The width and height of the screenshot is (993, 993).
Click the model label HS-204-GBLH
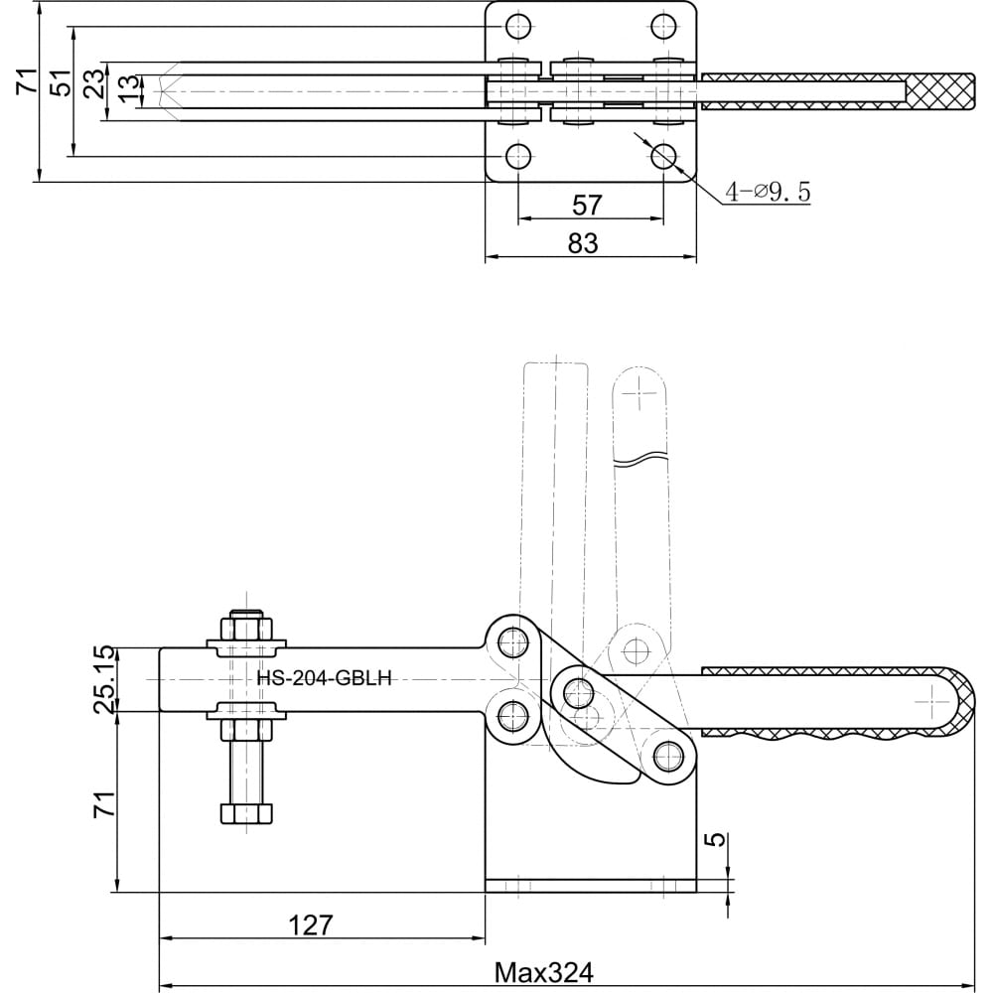point(324,678)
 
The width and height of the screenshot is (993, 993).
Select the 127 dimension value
point(310,925)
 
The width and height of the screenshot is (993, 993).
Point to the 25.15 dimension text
point(105,679)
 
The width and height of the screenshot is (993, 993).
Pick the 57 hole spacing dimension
point(587,206)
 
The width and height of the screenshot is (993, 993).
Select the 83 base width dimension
point(583,243)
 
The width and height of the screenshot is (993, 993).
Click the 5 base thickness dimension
point(714,839)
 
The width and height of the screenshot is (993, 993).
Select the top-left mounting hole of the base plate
point(518,26)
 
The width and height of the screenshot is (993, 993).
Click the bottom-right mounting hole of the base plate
point(663,155)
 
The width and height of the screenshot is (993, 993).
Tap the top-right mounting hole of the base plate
point(663,26)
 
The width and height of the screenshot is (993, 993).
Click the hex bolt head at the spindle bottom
point(246,813)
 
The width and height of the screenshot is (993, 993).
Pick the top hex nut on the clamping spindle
point(247,629)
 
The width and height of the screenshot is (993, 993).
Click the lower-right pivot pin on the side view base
point(669,756)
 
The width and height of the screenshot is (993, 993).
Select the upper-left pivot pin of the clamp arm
point(513,642)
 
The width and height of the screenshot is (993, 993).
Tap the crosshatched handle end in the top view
point(939,91)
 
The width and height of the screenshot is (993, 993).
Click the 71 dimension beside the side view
point(105,803)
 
